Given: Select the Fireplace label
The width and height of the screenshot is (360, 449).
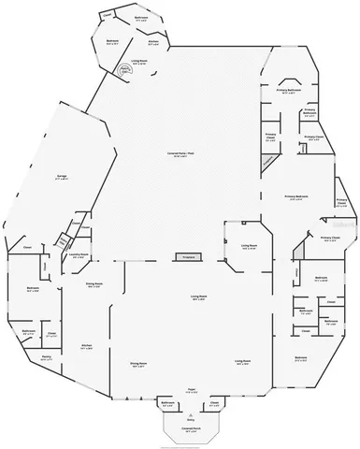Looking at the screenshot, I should (187, 255).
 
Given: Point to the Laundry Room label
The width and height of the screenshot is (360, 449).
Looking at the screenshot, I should (79, 253).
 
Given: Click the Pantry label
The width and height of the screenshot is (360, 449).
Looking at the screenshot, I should (46, 356).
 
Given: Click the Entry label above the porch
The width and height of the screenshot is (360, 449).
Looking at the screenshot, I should (190, 420).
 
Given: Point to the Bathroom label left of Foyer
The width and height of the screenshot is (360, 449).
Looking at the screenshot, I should (167, 403).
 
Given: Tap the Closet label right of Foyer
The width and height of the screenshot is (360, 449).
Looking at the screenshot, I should (213, 403).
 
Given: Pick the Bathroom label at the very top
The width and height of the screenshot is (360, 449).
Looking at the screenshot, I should (140, 18).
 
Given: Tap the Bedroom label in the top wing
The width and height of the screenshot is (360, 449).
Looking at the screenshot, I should (111, 41).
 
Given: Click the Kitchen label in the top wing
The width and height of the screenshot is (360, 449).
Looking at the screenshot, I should (152, 42).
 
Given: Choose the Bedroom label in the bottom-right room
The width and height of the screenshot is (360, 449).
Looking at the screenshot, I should (301, 358).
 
